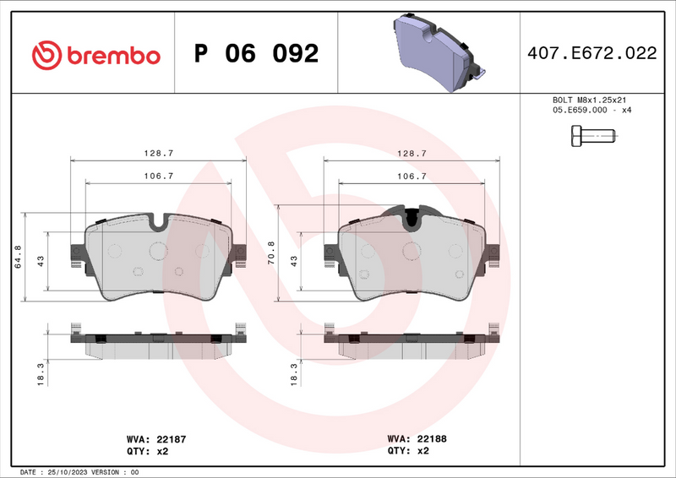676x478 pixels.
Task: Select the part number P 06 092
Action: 256,54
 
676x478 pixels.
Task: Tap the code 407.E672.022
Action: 591,54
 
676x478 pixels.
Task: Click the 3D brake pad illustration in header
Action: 434,52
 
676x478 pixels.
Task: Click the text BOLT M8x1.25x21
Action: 591,100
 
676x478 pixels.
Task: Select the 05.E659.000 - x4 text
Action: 591,110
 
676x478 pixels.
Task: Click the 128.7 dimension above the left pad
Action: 159,153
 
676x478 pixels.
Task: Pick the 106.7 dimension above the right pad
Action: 412,176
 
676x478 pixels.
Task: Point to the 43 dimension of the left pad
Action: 41,263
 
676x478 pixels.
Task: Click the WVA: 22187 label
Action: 150,439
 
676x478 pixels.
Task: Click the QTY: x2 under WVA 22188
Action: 408,451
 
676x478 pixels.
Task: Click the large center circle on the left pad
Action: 158,251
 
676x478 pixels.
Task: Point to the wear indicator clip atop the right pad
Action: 412,217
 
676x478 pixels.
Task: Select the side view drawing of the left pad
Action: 158,342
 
